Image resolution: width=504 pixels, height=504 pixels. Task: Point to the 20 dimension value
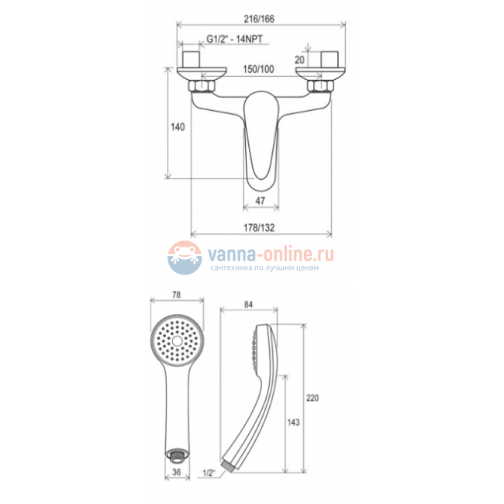(301, 60)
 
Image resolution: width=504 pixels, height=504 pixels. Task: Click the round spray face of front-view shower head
(176, 340)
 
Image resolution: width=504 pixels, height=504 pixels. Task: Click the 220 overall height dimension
(312, 398)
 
